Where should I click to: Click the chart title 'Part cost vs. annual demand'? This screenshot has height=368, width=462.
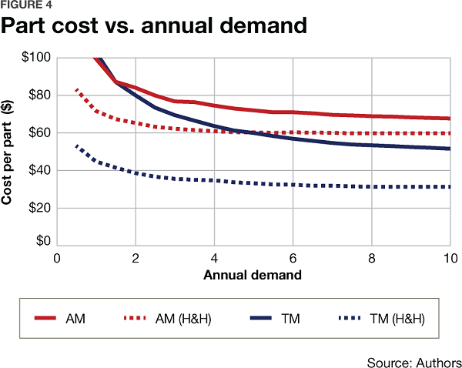(x=154, y=26)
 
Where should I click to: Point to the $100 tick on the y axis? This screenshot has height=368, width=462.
(x=34, y=58)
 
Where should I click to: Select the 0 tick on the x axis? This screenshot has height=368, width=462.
(x=56, y=259)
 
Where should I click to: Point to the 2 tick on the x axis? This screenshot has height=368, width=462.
(x=136, y=259)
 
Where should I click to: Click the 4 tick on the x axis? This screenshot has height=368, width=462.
(x=214, y=259)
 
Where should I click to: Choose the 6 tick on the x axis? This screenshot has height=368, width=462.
(x=293, y=259)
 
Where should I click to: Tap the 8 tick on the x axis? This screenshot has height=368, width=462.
(x=372, y=259)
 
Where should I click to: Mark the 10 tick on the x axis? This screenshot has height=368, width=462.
(x=449, y=259)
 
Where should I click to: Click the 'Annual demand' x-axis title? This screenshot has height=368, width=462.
(x=253, y=274)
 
